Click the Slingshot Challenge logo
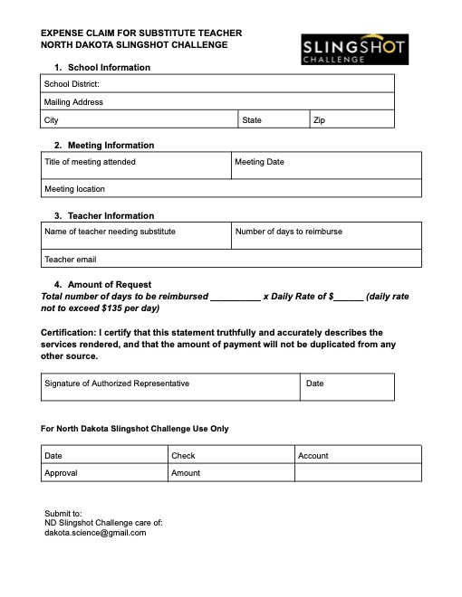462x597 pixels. [354, 50]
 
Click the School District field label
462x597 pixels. [72, 84]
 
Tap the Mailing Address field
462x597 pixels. [217, 102]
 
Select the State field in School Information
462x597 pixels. [274, 120]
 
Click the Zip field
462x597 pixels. [351, 120]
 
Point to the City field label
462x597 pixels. [52, 120]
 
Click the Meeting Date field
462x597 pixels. [326, 166]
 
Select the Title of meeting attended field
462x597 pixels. [136, 166]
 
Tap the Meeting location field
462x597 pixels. [231, 189]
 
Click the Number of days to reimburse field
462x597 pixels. [326, 236]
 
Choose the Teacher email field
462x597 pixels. [231, 260]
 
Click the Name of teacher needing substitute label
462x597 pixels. [110, 232]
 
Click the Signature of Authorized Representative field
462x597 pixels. [170, 387]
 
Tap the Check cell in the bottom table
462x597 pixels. [231, 456]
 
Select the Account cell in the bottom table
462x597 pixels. [358, 456]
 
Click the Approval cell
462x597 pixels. [104, 473]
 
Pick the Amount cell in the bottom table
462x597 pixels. [231, 473]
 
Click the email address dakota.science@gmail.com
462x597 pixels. [95, 533]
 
